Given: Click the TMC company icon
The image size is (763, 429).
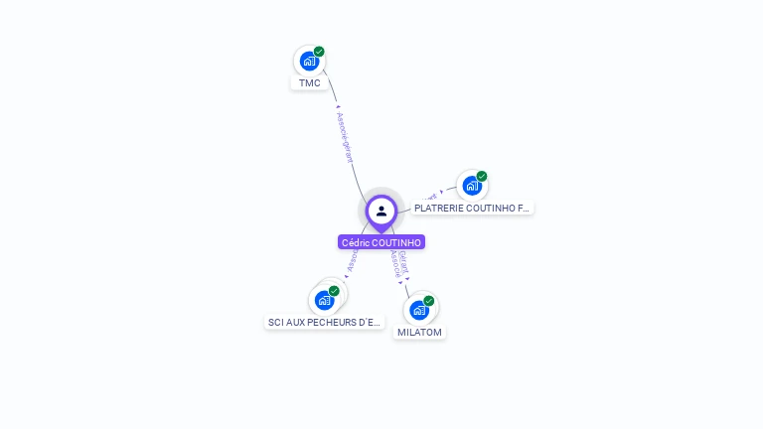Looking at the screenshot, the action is [x=309, y=61].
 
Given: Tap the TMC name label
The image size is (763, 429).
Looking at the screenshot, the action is [x=310, y=83].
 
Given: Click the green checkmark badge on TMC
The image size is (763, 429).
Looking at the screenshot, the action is [x=319, y=52].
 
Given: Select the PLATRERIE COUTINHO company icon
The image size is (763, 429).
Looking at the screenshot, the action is [x=472, y=186].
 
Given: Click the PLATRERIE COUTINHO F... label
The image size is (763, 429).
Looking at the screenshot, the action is [x=472, y=209].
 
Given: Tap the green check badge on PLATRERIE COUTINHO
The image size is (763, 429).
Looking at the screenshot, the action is [x=482, y=177].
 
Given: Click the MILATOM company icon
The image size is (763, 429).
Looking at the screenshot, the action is [x=419, y=310].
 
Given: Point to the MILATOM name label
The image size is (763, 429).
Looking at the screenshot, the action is [x=419, y=333].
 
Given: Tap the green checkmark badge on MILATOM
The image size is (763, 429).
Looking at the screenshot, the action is [x=429, y=301].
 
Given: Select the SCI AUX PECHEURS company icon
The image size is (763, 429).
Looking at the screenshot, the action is [x=324, y=300].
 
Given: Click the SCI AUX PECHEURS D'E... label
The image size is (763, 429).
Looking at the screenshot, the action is [x=324, y=323].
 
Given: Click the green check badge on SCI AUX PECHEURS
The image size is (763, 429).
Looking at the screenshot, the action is [x=334, y=291].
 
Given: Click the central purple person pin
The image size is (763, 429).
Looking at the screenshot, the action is [x=381, y=212].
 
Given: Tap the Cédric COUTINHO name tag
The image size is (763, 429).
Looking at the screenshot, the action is [x=381, y=242].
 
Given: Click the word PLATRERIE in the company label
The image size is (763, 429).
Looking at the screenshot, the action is [x=436, y=209].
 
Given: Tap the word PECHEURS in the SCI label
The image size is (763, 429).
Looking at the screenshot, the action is [x=333, y=323].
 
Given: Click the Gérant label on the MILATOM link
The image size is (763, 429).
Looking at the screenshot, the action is [x=403, y=261].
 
